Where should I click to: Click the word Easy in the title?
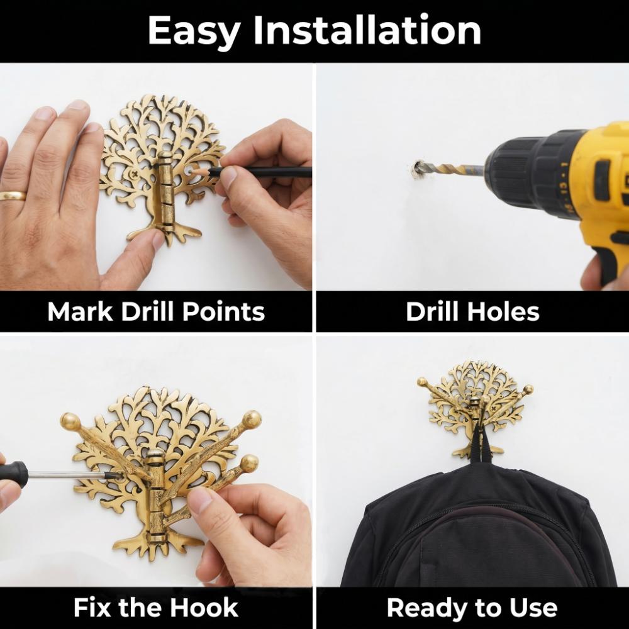click(x=194, y=31)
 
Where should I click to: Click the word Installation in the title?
click(x=367, y=30)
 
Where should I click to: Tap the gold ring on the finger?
click(x=13, y=196)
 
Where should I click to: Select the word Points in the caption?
click(x=223, y=311)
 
